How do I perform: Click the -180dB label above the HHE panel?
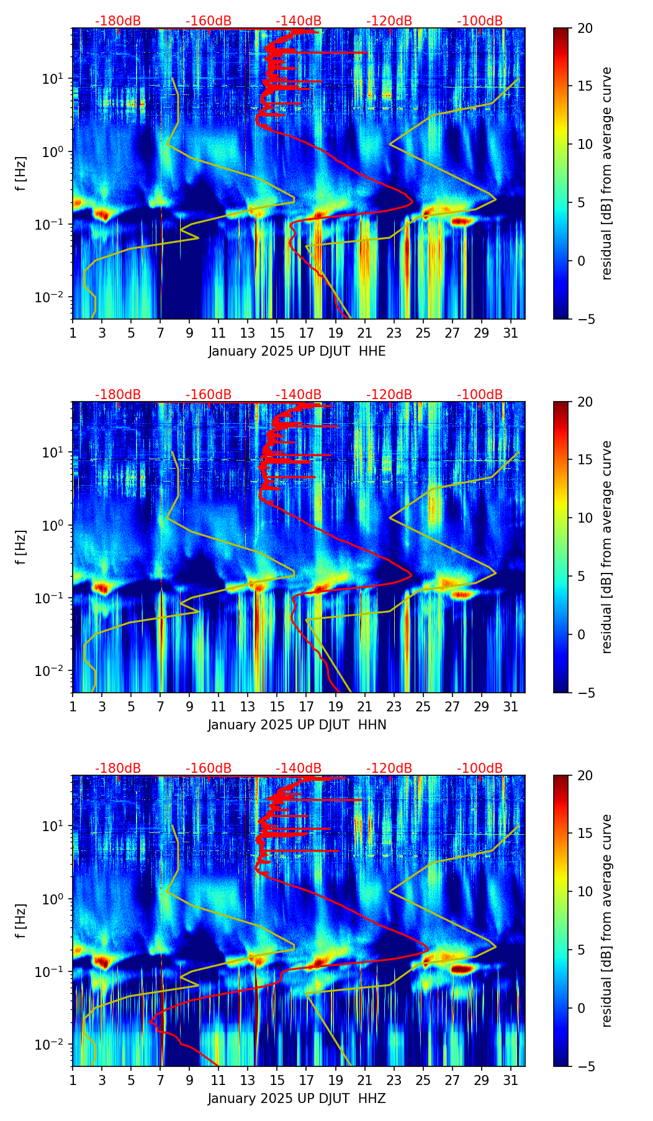point(118,21)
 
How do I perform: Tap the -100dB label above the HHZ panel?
point(480,768)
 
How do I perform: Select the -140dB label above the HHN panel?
point(299,395)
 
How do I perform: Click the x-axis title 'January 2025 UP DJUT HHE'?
point(297,351)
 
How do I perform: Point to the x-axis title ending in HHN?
point(297,725)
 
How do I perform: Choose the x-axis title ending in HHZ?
point(297,1099)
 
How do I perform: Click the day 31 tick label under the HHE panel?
point(510,334)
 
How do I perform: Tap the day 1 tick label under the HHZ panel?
point(73,1081)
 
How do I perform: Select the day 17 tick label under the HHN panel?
point(307,708)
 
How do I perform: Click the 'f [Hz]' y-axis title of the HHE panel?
point(22,173)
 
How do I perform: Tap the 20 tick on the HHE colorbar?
point(585,28)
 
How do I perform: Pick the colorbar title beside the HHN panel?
point(607,547)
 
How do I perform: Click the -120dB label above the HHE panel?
point(389,21)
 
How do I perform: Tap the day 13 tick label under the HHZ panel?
point(248,1081)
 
